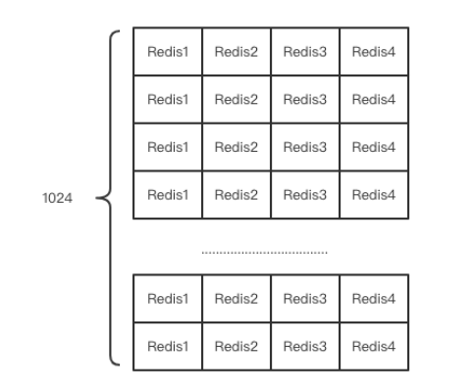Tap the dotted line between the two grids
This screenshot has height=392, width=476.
point(265,252)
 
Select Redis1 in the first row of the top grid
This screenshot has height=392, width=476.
point(167,51)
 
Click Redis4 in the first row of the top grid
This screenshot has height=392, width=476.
point(373,51)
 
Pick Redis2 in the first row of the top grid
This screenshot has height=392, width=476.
point(236,51)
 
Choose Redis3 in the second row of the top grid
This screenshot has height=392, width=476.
point(304,99)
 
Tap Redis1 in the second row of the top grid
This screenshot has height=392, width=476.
point(167,99)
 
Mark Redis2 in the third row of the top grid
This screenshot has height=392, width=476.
point(236,147)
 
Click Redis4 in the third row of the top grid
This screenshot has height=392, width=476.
point(373,147)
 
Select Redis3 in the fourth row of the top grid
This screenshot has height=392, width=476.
point(304,194)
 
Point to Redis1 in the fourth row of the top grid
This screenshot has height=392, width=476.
point(167,194)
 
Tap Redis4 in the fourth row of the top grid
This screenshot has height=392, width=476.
point(373,194)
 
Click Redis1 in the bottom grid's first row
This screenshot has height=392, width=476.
point(167,299)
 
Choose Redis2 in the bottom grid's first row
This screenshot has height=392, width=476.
point(236,299)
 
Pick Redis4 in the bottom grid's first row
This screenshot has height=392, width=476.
point(373,299)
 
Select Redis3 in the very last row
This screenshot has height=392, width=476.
point(304,346)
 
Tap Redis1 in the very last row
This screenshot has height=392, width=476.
point(167,346)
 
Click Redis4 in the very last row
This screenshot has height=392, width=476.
point(373,346)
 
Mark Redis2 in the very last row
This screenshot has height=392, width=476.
point(236,346)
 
